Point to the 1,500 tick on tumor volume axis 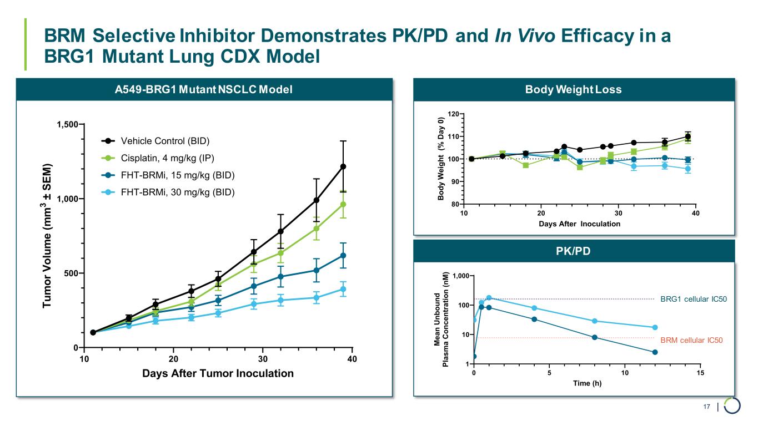coord(67,124)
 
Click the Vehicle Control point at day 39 coord(343,166)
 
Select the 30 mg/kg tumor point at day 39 coord(343,289)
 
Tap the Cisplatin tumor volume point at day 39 coord(343,204)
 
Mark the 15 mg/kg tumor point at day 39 coord(343,255)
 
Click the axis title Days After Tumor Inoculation coord(218,373)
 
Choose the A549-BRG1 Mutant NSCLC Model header coord(204,89)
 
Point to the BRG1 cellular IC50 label coord(693,300)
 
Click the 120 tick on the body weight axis coord(453,114)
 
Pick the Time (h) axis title coord(586,383)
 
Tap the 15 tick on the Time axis coord(700,373)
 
